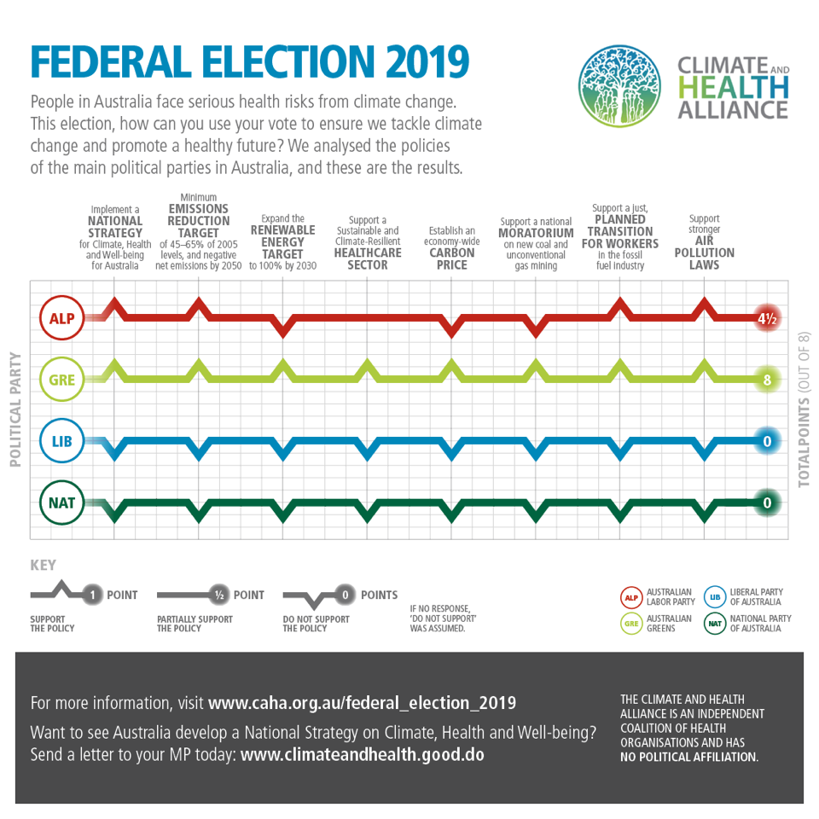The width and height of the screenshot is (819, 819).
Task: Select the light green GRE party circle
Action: [x=61, y=380]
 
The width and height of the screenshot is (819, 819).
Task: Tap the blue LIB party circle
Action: [x=61, y=441]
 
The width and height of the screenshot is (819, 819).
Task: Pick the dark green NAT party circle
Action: [x=61, y=502]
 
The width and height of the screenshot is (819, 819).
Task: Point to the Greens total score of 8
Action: [x=766, y=380]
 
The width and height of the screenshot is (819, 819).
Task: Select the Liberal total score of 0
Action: [x=766, y=441]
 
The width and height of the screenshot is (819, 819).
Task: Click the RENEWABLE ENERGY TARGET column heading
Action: [x=282, y=241]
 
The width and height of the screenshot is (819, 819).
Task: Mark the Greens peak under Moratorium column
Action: [x=536, y=368]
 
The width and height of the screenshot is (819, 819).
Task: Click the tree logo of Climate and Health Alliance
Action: [x=619, y=86]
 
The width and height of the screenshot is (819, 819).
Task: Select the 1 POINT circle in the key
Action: [x=91, y=595]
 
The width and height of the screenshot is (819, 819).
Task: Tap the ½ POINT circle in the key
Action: [x=218, y=595]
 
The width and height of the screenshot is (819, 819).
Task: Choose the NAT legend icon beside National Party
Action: [x=714, y=624]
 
